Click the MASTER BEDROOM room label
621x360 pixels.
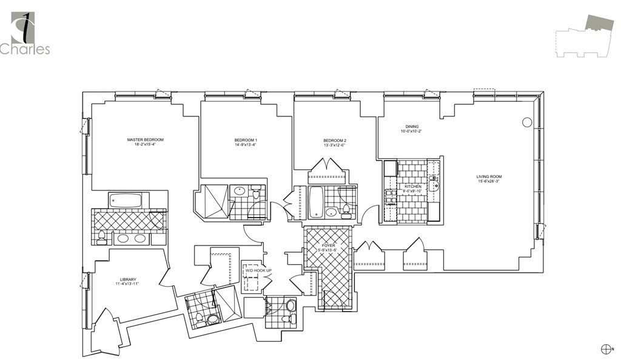pos(145,140)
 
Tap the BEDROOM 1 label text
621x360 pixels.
pos(246,140)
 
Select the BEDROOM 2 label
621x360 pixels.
pos(334,140)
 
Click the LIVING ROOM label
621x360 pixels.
pos(489,176)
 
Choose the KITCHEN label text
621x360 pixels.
pos(412,187)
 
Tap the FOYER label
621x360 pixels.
pos(328,245)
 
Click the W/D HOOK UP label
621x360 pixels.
pos(258,270)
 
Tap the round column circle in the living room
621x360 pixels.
pos(527,122)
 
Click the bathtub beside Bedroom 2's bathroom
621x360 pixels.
pos(317,202)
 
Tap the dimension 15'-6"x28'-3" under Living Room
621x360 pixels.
pos(489,181)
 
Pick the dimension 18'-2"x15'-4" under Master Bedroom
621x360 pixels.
pos(145,145)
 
